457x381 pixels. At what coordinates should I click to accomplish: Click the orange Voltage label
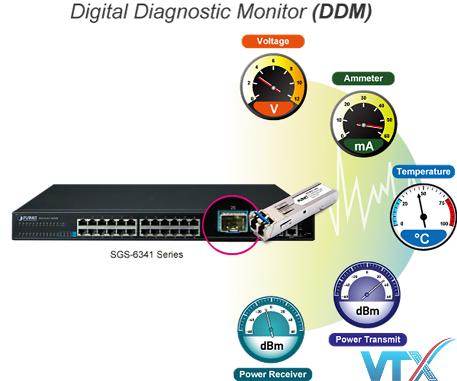tap(272, 41)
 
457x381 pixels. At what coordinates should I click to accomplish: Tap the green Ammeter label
tap(364, 78)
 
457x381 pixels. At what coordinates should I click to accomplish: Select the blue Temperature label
tap(423, 171)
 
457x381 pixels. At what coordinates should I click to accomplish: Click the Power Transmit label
tap(367, 339)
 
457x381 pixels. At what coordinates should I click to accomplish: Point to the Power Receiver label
tap(273, 374)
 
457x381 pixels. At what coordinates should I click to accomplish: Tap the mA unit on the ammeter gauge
tap(364, 146)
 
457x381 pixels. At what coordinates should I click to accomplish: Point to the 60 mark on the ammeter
tap(386, 136)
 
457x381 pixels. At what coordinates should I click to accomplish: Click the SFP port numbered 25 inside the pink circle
tap(232, 219)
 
